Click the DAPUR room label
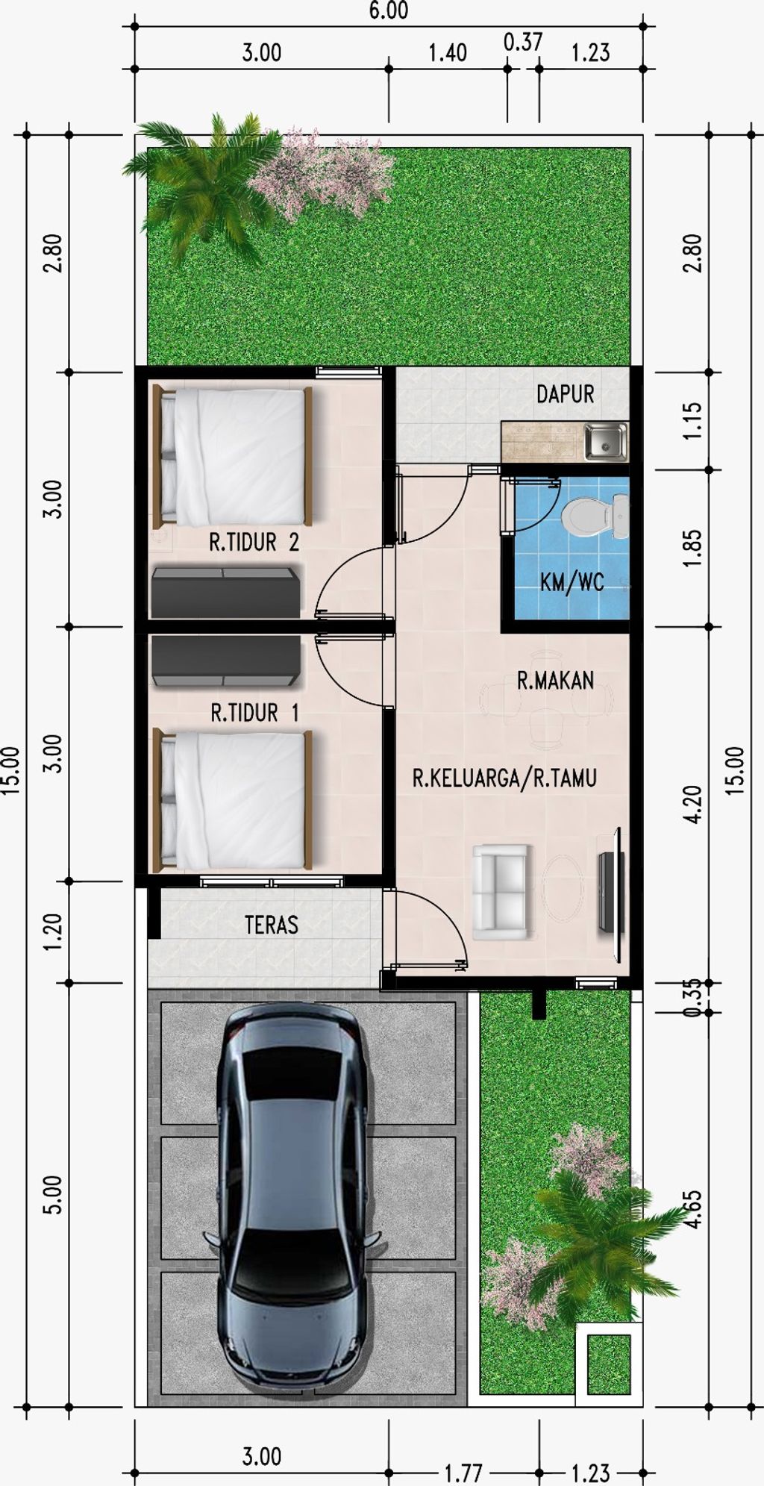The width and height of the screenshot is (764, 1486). click(565, 394)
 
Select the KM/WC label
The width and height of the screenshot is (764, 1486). click(572, 582)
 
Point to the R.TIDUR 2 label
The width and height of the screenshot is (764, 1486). click(254, 543)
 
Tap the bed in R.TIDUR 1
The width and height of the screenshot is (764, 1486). click(233, 801)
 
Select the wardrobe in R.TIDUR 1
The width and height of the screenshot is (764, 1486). click(226, 661)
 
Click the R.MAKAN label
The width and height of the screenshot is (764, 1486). click(555, 680)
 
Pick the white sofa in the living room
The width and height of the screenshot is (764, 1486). click(501, 892)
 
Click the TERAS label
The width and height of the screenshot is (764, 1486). click(272, 925)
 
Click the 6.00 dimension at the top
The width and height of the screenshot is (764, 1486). click(388, 10)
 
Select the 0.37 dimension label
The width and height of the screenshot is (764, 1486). click(522, 43)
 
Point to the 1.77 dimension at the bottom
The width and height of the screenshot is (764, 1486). click(463, 1473)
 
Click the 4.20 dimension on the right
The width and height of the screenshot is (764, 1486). click(693, 804)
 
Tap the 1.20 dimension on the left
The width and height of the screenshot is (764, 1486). click(52, 932)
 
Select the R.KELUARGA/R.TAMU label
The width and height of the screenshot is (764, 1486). click(504, 778)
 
